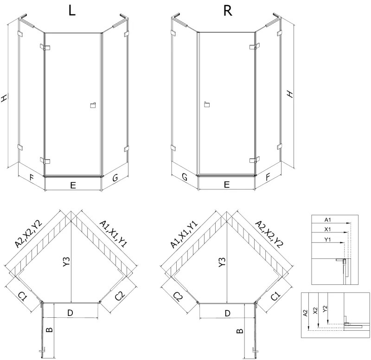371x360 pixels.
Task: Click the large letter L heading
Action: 72,11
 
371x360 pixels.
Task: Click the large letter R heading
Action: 227,11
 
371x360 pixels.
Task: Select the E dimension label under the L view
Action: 73,186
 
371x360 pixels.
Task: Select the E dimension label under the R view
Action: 226,186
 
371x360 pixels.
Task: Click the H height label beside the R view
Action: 290,94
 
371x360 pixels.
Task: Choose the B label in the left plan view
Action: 50,330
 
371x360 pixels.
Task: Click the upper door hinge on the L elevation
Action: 45,47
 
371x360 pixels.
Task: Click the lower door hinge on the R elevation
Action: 253,161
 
